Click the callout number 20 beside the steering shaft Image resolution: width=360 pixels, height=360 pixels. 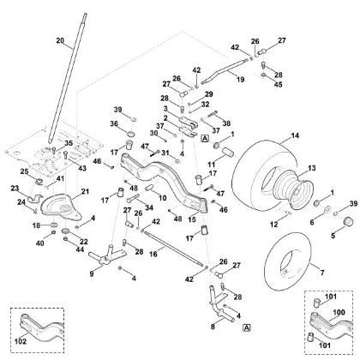(59, 41)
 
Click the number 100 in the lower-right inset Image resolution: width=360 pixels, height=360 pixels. (337, 315)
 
